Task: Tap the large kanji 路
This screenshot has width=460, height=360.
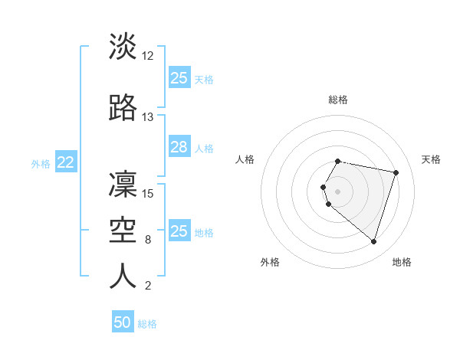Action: coord(123,108)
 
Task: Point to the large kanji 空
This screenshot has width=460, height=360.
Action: coord(123,231)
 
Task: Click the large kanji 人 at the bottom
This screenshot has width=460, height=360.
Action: coord(123,277)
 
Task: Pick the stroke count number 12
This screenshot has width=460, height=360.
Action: coord(148,56)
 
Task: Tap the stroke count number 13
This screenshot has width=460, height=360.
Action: coord(148,117)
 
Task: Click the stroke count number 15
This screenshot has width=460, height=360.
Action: coord(148,194)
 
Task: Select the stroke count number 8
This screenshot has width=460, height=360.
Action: coord(148,240)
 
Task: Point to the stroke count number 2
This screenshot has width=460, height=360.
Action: coord(148,286)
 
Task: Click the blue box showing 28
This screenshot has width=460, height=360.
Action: coord(179,147)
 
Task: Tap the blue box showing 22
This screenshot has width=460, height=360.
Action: coord(66,162)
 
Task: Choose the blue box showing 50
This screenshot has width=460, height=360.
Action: coord(123,322)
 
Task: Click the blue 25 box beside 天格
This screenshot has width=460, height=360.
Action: coord(179,78)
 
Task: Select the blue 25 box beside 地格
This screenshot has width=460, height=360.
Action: coord(179,231)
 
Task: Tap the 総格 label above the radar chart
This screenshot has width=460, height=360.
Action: coord(338,100)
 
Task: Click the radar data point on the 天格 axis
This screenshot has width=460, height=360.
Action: coord(396,172)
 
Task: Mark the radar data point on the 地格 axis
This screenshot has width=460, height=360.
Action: coord(373,241)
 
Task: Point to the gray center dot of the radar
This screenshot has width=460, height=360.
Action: coord(338,191)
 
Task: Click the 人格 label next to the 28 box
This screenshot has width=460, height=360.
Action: coord(204,148)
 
